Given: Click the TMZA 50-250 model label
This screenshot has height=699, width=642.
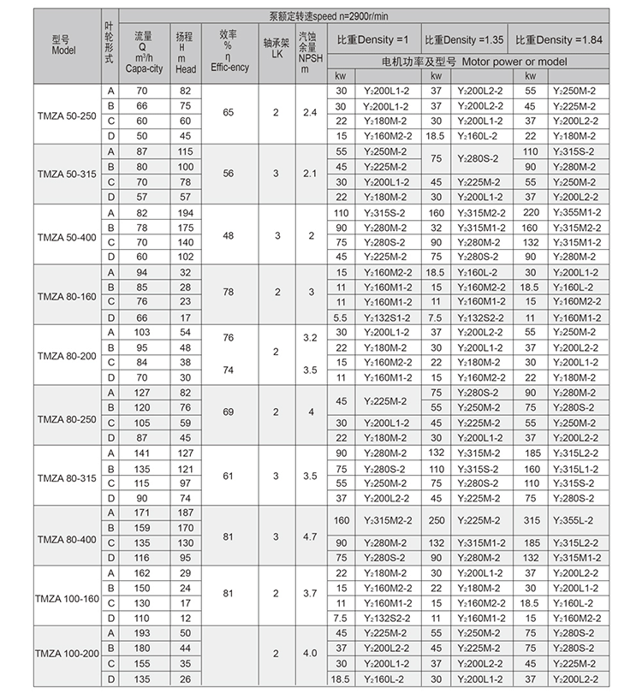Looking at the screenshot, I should coord(68,114).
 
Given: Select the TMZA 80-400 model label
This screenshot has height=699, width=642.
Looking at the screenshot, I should coord(68,536).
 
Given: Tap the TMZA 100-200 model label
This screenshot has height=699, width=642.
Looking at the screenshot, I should coord(68,655).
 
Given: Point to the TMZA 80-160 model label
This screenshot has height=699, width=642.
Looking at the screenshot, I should coord(68,294).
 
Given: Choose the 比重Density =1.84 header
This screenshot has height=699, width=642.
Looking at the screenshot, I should coord(558,40).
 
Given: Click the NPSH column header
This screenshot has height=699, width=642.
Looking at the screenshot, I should coord(309,51).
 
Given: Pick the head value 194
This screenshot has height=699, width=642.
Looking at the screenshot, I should coord(185,211).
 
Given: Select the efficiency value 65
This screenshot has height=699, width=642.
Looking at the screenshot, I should coord(228,113).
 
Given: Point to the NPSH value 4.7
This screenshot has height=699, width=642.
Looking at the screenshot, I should coord(309,536).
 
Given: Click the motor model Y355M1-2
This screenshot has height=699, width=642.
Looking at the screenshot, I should coord(575,211).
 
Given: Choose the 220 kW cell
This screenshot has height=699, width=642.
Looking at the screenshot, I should coord(530,211).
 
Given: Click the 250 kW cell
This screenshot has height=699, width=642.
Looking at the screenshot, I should coord(436,520).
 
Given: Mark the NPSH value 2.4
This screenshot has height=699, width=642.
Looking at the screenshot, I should coord(309,113).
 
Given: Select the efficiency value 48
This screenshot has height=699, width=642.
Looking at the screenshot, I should coord(228,234).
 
